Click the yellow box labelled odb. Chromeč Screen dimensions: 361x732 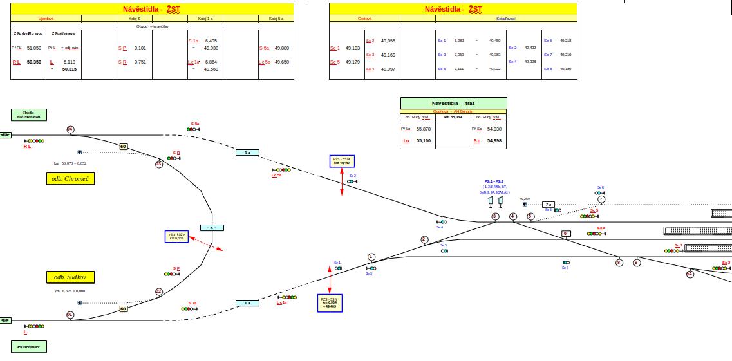click(x=71, y=179)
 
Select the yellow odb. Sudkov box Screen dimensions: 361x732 click(x=71, y=277)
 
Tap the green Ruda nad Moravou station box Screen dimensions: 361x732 click(x=29, y=115)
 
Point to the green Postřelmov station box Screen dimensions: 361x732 click(x=29, y=347)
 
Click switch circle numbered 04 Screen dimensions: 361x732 click(x=70, y=129)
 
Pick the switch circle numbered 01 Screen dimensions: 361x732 click(x=70, y=315)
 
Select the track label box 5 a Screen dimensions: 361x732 click(x=247, y=153)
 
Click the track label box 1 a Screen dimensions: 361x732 click(x=247, y=302)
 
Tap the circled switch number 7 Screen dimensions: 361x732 click(x=601, y=199)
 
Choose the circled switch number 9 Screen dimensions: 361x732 click(x=637, y=263)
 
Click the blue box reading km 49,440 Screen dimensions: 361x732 click(x=342, y=161)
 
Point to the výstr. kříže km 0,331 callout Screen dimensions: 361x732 click(x=177, y=236)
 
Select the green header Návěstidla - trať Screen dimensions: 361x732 click(x=453, y=103)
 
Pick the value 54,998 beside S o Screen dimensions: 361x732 click(x=494, y=140)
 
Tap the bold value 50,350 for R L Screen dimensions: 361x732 click(x=33, y=62)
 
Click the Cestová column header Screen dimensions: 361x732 click(x=364, y=18)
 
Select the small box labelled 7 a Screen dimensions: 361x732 click(x=548, y=204)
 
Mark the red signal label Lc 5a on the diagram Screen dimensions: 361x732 click(x=276, y=175)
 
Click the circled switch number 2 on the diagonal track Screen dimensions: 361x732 click(x=424, y=239)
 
